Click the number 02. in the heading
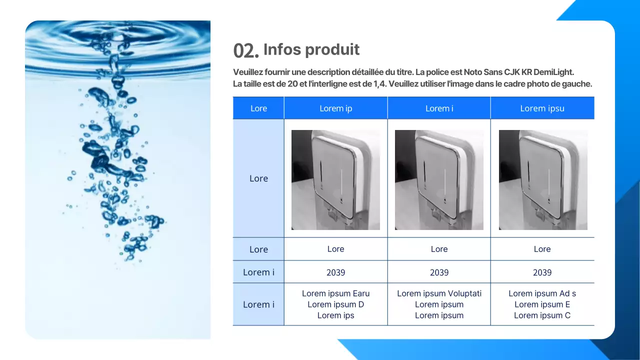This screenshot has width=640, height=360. coord(246,50)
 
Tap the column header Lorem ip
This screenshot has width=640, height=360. coord(335,108)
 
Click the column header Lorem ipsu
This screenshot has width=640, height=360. coord(542,108)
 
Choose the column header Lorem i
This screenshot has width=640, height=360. coord(439,108)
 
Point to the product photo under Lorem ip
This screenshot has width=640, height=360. coord(335,180)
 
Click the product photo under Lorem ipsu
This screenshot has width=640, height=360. coord(543,180)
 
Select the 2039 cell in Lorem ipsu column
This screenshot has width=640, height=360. coord(542,272)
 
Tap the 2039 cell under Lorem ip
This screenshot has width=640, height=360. coord(335,272)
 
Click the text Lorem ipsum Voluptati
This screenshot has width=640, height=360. coord(439,293)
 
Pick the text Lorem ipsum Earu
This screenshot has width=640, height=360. coord(335,293)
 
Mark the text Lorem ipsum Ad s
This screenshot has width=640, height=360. coord(542,293)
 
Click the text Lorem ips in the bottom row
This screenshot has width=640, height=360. coord(335,315)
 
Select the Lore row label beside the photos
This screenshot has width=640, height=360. coord(258,178)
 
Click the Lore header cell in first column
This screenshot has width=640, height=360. coord(258,108)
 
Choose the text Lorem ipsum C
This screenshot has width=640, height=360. coord(542,315)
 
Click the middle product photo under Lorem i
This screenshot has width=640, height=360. coord(439,180)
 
